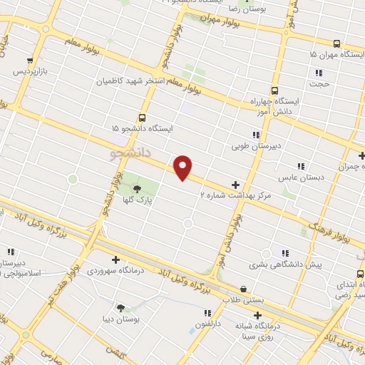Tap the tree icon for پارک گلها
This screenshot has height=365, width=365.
coord(137,188)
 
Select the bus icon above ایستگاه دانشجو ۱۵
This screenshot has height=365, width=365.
coord(142,118)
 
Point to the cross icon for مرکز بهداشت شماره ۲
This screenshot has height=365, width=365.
coord(235,185)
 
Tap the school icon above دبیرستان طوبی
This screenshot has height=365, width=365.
coord(255,135)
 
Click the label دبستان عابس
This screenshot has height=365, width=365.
coord(296,177)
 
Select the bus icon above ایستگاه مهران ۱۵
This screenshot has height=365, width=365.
coord(337,43)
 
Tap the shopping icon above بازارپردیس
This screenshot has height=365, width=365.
coord(29,61)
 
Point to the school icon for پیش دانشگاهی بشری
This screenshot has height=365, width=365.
coord(285,253)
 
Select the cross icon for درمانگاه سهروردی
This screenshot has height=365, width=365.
coord(115,259)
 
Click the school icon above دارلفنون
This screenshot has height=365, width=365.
coord(207,312)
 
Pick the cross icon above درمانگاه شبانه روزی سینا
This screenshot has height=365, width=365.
coord(257,314)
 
